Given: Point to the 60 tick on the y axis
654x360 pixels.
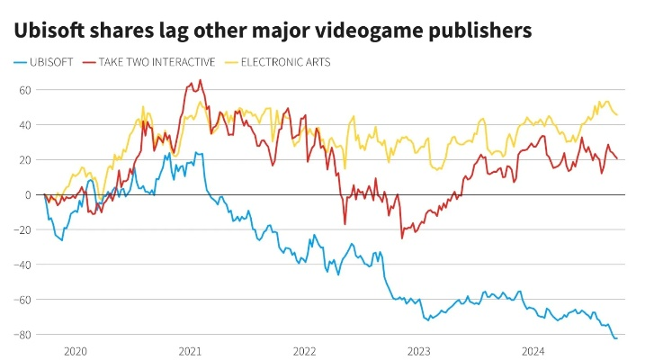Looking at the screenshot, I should click(x=25, y=90).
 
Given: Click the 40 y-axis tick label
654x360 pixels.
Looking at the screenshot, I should click(x=25, y=125).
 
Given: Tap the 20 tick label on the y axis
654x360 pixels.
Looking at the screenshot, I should click(x=25, y=160).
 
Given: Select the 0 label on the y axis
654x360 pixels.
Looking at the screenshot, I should click(x=28, y=195).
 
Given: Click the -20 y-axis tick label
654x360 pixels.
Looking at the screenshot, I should click(x=23, y=229).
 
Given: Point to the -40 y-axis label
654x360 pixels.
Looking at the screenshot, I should click(x=23, y=265).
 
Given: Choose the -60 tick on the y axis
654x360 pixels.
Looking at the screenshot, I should click(x=23, y=300).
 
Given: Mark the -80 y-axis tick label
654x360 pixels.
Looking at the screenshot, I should click(x=23, y=335).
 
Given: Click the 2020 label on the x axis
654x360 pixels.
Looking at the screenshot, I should click(x=76, y=351).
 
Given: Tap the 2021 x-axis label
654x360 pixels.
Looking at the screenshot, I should click(x=190, y=351).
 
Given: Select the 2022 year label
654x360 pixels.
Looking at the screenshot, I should click(x=304, y=351).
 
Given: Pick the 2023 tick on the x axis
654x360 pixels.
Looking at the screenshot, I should click(x=418, y=351).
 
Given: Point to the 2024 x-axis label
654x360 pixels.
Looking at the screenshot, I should click(x=533, y=351).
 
